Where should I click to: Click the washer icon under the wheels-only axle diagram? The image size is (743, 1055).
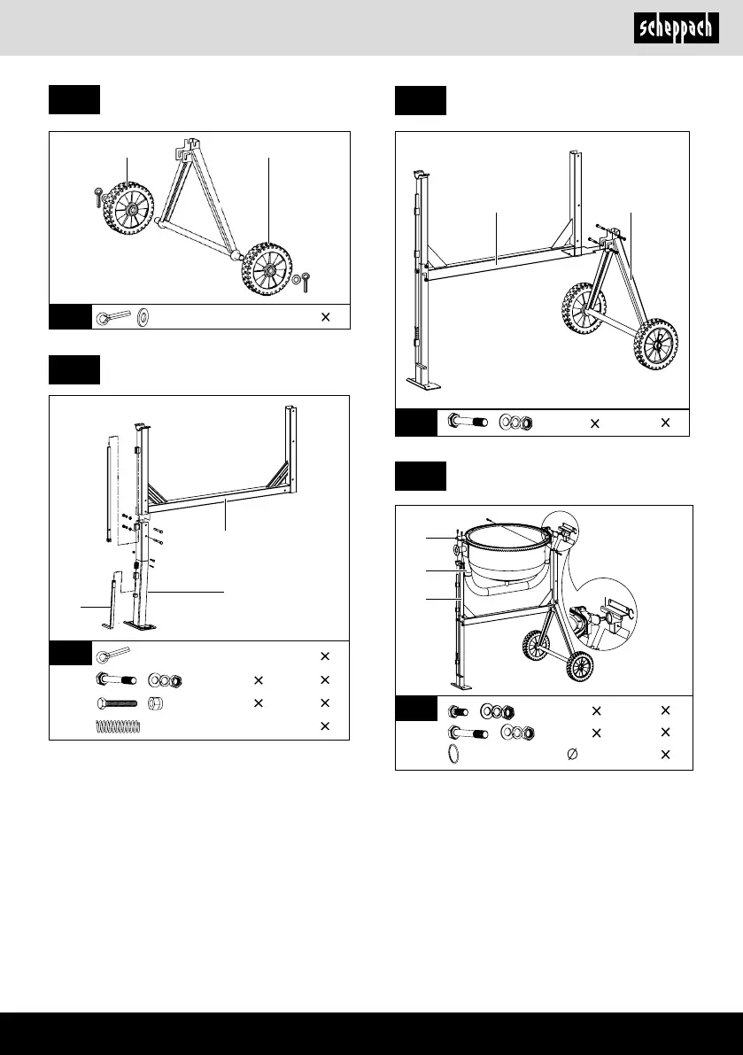tap(144, 316)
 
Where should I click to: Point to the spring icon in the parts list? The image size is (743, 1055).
tap(118, 726)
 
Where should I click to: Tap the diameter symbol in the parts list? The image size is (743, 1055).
tap(571, 755)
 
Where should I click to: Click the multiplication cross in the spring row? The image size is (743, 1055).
tap(325, 726)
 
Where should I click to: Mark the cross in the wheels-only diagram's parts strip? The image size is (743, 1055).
tap(325, 316)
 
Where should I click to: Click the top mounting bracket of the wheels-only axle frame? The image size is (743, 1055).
tap(190, 151)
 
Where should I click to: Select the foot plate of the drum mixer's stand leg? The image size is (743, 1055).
tap(459, 686)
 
